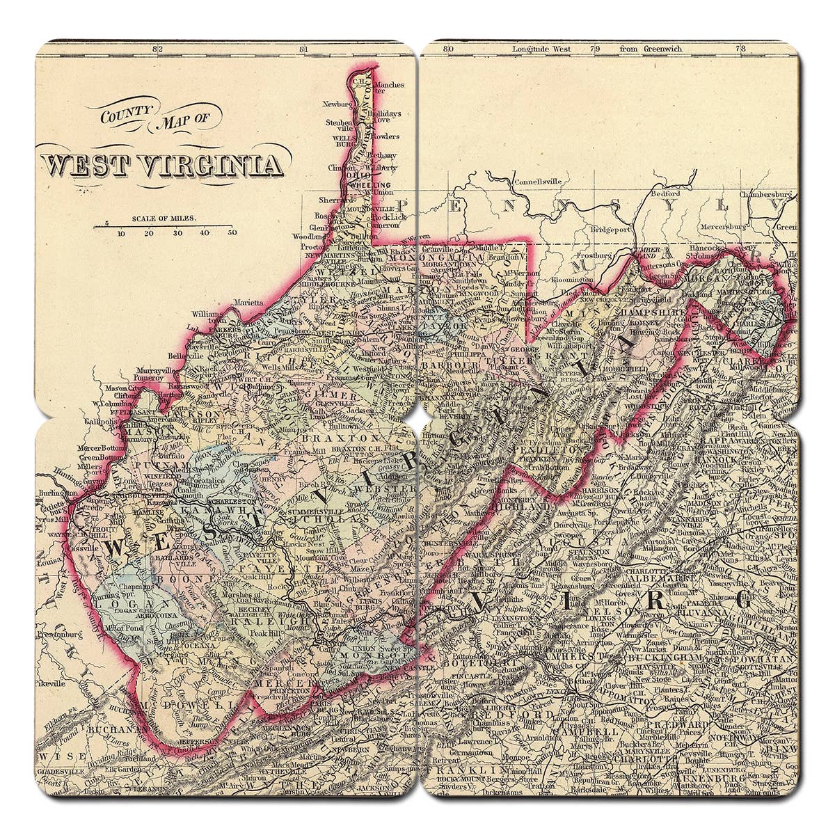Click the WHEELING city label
click(x=371, y=186)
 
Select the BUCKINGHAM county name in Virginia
click(x=662, y=656)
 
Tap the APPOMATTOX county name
click(x=612, y=702)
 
